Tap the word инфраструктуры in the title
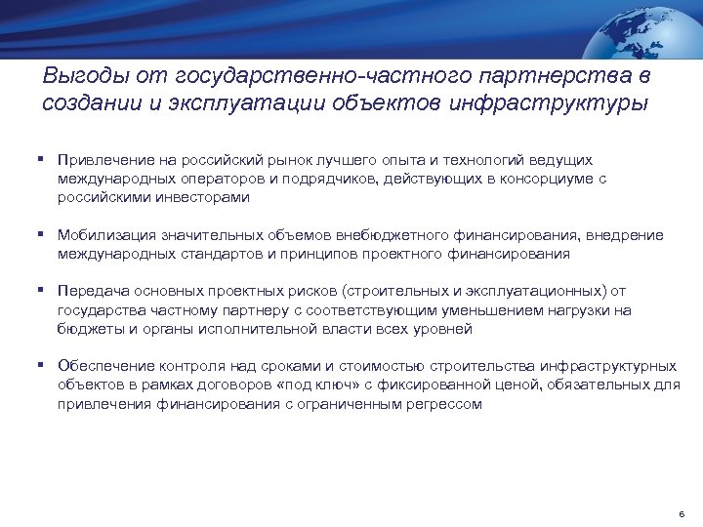pyautogui.click(x=549, y=104)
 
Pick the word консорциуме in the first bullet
pyautogui.click(x=531, y=178)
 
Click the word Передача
pyautogui.click(x=89, y=291)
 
